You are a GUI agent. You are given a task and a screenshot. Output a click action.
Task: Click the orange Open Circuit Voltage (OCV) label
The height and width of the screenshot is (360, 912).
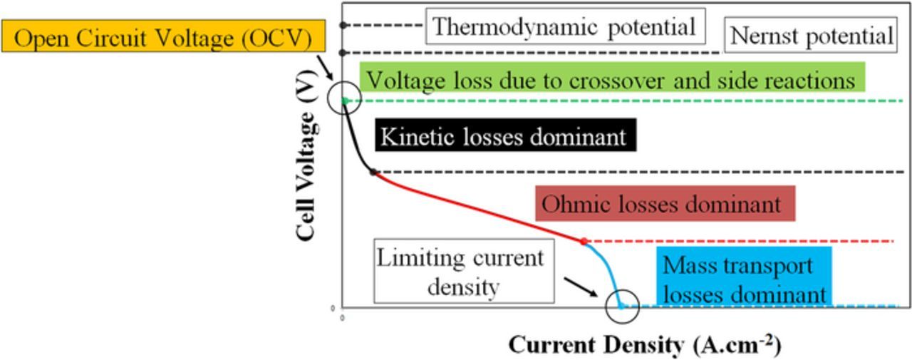[x=162, y=37]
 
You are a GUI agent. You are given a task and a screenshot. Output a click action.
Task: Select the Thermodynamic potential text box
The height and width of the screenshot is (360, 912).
[x=564, y=27]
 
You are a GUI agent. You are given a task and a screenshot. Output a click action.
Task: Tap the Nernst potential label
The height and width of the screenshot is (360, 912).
[x=812, y=36]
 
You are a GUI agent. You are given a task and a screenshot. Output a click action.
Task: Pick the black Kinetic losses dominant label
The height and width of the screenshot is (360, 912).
[x=504, y=135]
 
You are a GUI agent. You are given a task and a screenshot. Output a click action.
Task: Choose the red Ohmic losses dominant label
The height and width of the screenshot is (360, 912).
[x=665, y=205]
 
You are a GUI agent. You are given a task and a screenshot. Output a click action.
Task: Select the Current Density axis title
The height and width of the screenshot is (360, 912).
[x=645, y=345]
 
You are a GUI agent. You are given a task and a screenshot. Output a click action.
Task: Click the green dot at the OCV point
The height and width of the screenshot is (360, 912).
[x=344, y=101]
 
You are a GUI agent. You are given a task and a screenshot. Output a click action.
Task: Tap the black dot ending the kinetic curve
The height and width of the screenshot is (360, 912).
[x=373, y=172]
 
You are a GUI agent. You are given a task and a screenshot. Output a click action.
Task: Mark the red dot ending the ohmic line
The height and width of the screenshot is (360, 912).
[x=584, y=242]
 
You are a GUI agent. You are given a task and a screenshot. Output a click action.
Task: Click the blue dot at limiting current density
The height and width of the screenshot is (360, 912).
[x=621, y=307]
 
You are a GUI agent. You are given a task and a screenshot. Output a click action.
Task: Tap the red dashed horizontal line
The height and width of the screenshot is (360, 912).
[x=741, y=242]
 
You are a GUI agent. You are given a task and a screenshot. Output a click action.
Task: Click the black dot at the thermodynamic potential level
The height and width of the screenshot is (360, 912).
[x=343, y=25]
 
